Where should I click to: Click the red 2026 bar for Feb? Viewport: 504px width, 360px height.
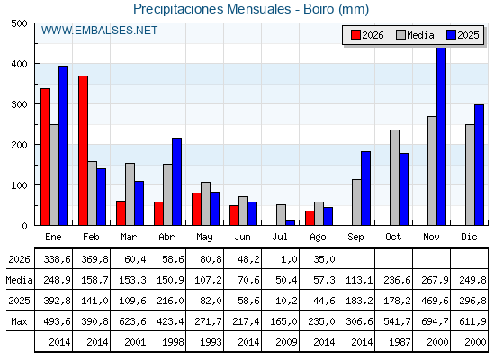pyautogui.click(x=83, y=150)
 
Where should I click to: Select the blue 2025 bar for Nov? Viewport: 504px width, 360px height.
pyautogui.click(x=442, y=136)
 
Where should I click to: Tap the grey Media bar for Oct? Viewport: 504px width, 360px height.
pyautogui.click(x=395, y=177)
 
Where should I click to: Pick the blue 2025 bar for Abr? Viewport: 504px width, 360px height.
pyautogui.click(x=176, y=182)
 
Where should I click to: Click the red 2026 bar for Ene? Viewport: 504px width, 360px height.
pyautogui.click(x=45, y=157)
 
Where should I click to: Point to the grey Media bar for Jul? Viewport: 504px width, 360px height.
pyautogui.click(x=281, y=215)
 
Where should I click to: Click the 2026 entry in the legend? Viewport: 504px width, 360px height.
pyautogui.click(x=367, y=35)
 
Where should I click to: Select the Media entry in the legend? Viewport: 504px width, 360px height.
pyautogui.click(x=415, y=35)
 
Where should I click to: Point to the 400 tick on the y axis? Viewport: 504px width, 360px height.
pyautogui.click(x=19, y=64)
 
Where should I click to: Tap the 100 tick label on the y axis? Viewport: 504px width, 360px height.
pyautogui.click(x=19, y=185)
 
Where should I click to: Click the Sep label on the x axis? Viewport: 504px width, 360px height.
pyautogui.click(x=355, y=238)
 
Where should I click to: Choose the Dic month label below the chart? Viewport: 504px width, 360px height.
pyautogui.click(x=469, y=238)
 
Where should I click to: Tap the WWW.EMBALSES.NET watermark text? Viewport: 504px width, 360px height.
pyautogui.click(x=99, y=31)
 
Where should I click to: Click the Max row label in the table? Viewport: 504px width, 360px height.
pyautogui.click(x=19, y=321)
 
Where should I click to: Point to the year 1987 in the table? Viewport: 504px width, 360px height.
pyautogui.click(x=400, y=342)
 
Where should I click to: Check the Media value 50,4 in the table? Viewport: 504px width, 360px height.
pyautogui.click(x=286, y=280)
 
